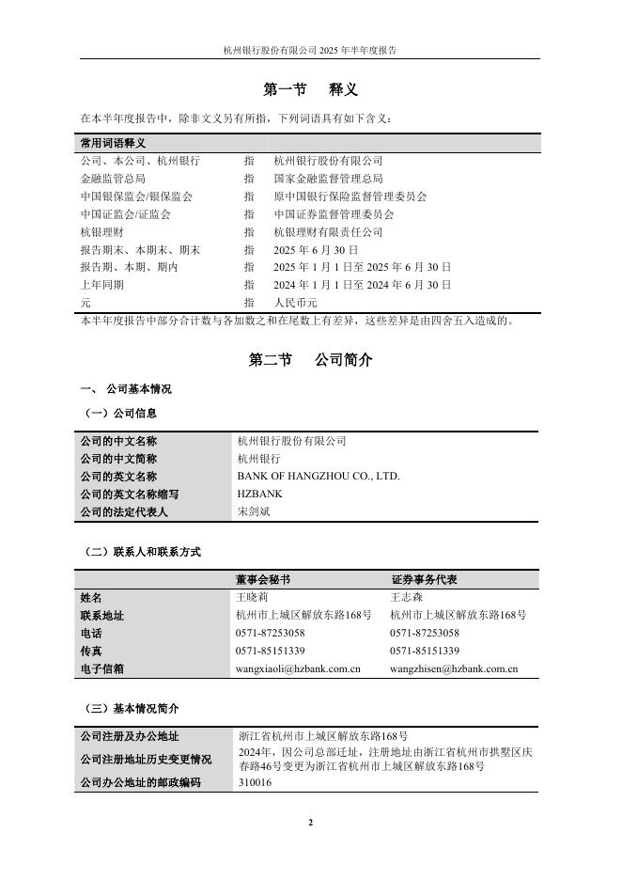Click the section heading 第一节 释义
pos(310,90)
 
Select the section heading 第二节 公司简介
pos(310,360)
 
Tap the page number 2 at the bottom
pos(310,823)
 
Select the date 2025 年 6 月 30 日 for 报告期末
pos(316,250)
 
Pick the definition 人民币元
pos(295,304)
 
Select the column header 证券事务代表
pos(424,580)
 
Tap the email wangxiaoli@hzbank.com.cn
pos(299,669)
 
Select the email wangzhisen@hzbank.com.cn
pos(454,669)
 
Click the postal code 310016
pos(256,782)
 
